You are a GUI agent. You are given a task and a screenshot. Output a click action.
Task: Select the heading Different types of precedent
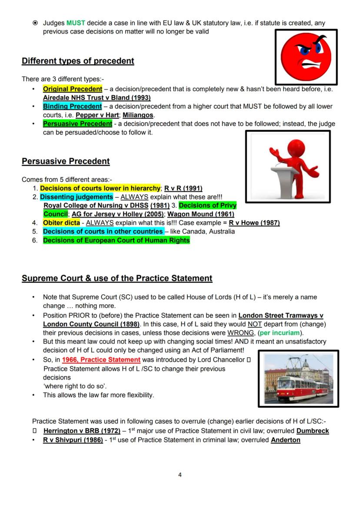pos(78,61)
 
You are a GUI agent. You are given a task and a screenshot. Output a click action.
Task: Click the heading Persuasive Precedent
pos(66,161)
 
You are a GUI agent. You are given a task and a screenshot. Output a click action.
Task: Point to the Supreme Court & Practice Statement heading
pos(117,278)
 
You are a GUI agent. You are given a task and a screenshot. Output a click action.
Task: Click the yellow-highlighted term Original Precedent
pos(73,89)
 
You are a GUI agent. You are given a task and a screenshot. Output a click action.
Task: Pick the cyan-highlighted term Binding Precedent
pos(72,106)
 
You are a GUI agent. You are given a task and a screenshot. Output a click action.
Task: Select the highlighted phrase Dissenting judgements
pos(76,196)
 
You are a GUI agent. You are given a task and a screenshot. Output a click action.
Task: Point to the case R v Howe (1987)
pos(254,223)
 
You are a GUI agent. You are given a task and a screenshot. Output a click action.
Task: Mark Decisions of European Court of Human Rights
pos(116,240)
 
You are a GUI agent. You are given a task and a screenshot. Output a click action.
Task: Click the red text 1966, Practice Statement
pos(101,359)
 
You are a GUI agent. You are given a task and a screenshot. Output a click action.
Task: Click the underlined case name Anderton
pos(286,440)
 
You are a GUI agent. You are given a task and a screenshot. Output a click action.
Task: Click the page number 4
pos(180,475)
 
